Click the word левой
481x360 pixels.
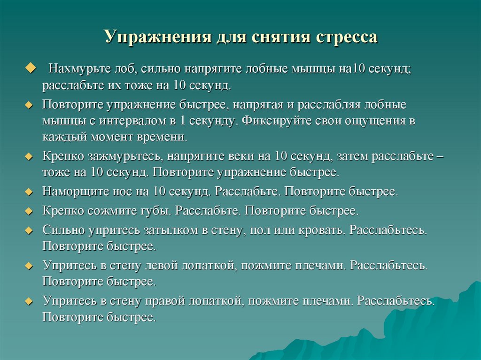point(160,265)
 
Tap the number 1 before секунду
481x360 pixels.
point(182,121)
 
